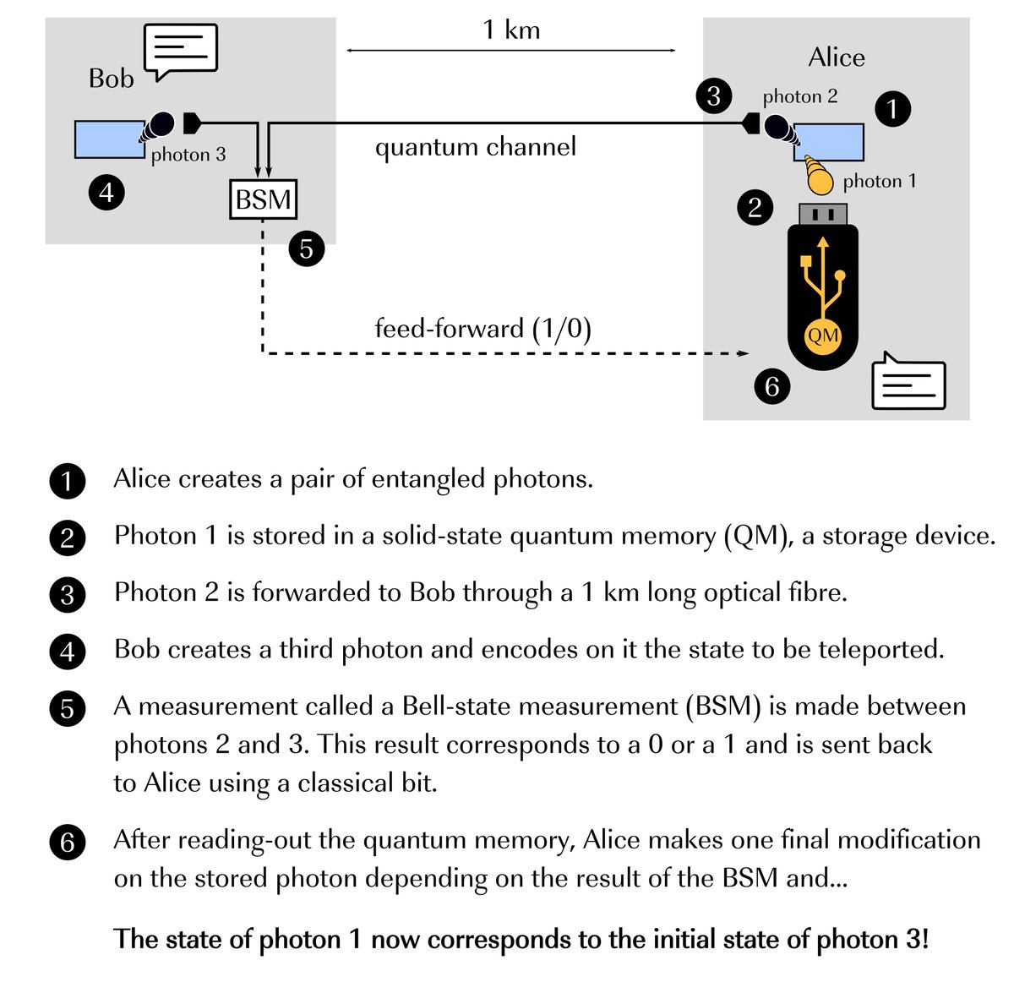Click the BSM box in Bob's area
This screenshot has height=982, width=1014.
264,199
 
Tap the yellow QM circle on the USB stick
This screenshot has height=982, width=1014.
822,336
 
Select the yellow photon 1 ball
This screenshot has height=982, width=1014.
820,179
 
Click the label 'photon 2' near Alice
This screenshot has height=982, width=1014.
799,96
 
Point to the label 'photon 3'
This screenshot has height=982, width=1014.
188,155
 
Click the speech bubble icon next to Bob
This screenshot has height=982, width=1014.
181,50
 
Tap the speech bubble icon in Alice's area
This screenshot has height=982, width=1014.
908,382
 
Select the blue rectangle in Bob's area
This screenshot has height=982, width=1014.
109,139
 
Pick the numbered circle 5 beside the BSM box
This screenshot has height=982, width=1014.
306,248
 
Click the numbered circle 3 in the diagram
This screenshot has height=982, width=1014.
713,95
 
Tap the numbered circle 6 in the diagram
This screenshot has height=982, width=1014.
771,386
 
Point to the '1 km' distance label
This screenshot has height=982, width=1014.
511,30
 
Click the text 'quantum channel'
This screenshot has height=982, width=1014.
476,147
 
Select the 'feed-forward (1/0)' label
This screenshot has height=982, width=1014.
482,328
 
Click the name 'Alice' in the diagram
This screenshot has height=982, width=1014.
836,57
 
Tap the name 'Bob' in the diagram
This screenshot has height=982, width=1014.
112,79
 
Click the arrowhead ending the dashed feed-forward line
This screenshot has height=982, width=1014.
744,353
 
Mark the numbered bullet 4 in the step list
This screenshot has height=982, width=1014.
68,652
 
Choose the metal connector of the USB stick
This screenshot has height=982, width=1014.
823,214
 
